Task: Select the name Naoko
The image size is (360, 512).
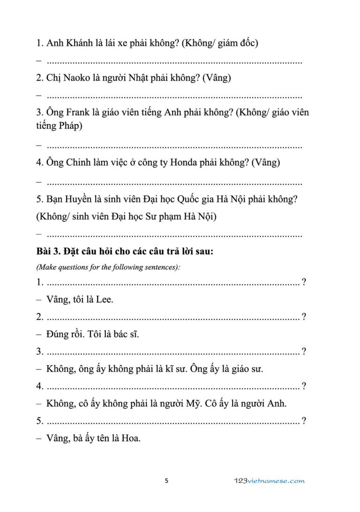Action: pos(75,78)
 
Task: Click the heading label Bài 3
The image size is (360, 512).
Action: pos(48,252)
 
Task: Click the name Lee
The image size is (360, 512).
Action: pos(105,299)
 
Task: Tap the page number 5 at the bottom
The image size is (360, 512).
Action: pos(166,481)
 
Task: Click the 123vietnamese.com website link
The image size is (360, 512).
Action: pos(269,481)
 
